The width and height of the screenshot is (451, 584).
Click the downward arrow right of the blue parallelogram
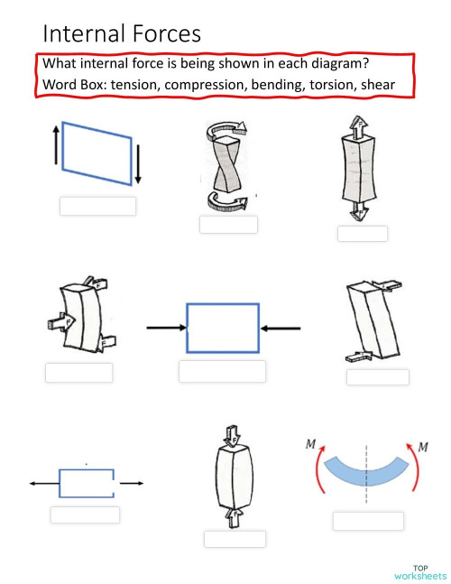pos(141,163)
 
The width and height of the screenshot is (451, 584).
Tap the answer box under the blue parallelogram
pos(97,206)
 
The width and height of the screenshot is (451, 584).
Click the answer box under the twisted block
pos(228,225)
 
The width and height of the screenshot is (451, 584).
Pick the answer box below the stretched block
pos(362,234)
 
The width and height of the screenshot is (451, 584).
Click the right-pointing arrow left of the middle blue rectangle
pos(165,328)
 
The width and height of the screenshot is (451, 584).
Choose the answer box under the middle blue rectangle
pos(222,371)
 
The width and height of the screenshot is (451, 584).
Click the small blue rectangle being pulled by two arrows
pos(86,483)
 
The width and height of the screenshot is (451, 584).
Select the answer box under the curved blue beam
pos(368,521)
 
